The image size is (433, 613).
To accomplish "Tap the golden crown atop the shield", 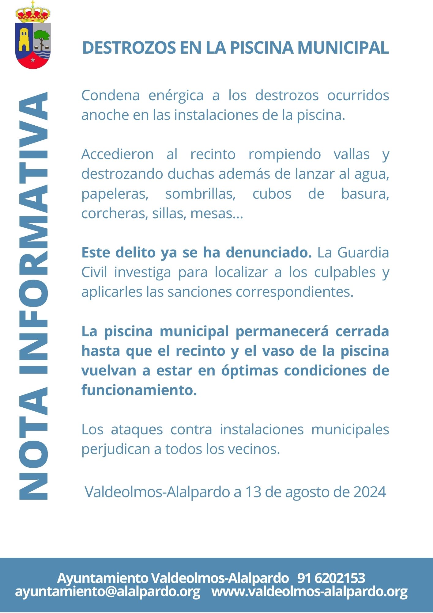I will (33, 14).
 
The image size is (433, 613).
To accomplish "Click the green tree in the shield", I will (41, 37).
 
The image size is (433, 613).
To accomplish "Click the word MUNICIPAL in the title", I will (343, 48).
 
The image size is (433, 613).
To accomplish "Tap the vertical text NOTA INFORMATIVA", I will (33, 296).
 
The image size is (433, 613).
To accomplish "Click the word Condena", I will (110, 95).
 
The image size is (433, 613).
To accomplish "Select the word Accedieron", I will (117, 154).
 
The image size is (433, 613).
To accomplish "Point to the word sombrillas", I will (200, 194).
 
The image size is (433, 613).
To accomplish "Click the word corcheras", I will (112, 213).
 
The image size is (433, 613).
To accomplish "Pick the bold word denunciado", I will (269, 253).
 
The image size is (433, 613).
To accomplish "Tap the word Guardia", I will (363, 253).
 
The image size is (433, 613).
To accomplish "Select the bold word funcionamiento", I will (139, 390).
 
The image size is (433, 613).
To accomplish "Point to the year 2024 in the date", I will (370, 492).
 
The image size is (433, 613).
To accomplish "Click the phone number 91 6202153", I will (331, 578).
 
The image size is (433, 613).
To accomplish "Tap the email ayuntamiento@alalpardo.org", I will (107, 591).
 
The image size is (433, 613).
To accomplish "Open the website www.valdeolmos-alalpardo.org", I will (309, 591).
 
